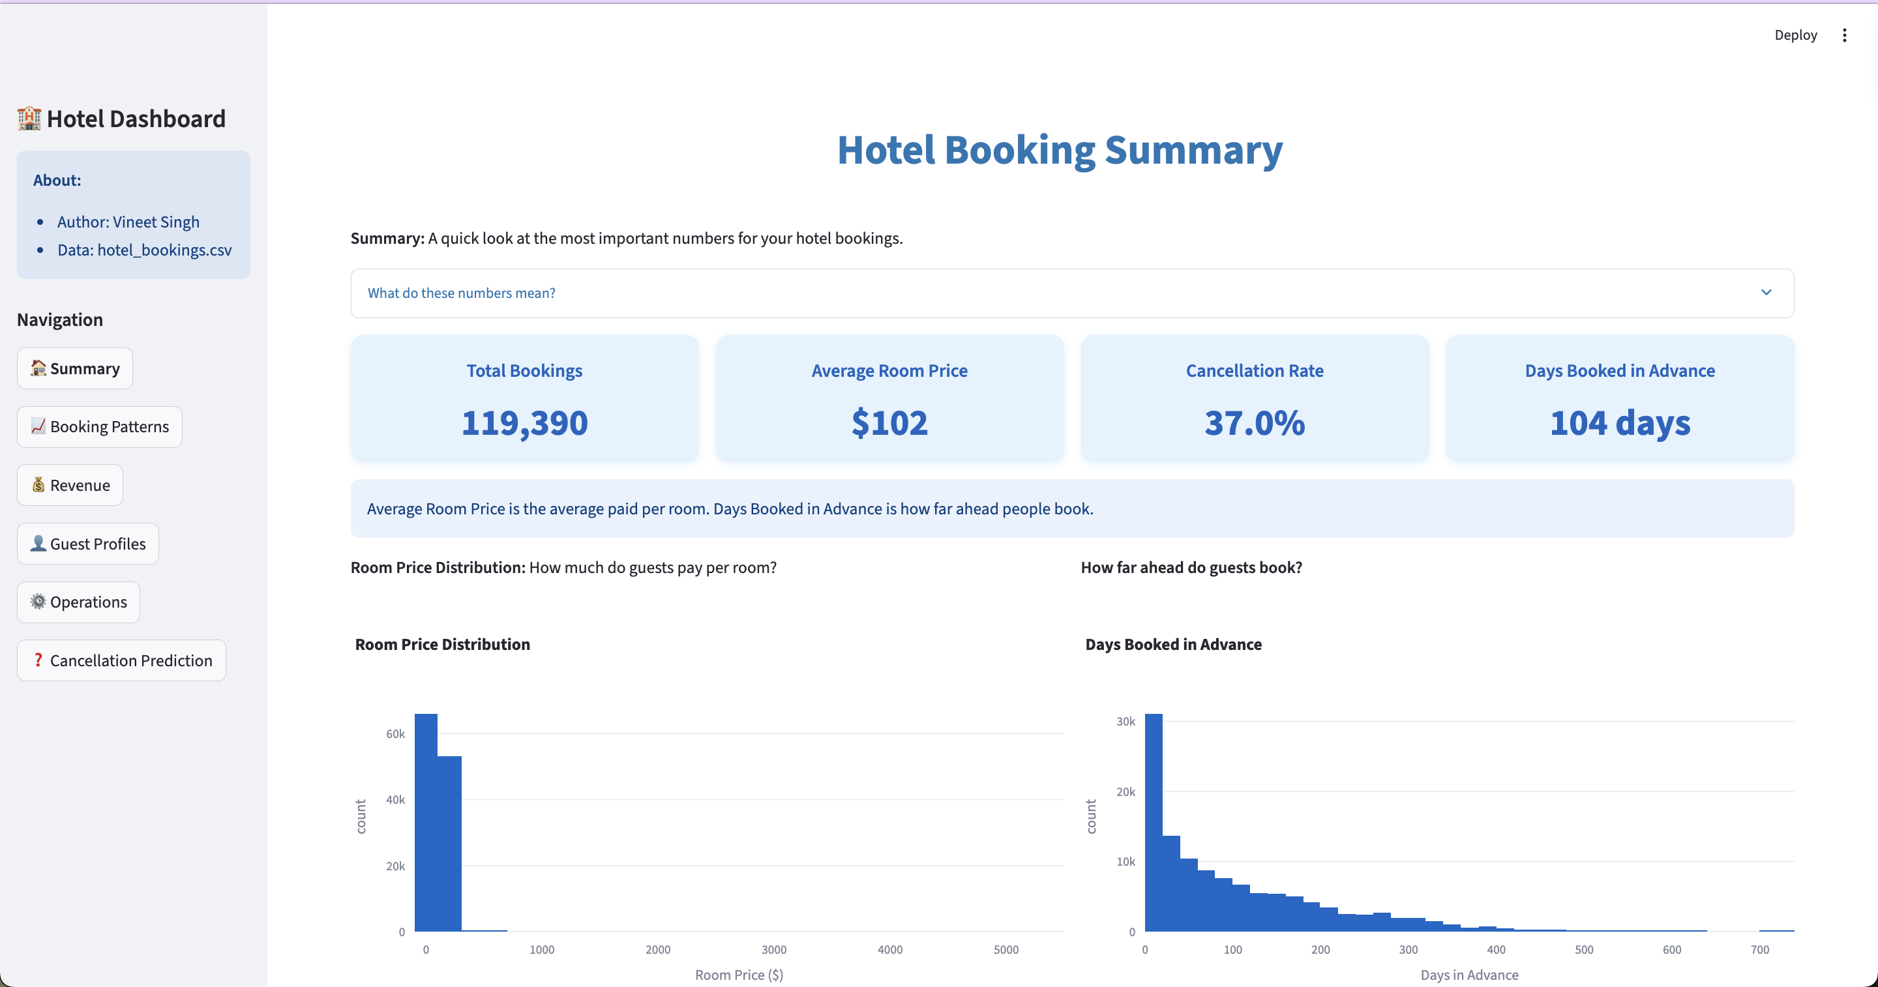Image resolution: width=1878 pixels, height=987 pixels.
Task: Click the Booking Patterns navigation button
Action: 100,426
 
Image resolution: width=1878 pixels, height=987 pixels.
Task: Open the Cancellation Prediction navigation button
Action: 122,660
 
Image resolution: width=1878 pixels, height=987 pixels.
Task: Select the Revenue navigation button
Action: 70,486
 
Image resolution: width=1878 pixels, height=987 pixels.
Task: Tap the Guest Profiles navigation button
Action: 88,544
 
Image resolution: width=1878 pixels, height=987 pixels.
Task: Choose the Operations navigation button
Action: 79,602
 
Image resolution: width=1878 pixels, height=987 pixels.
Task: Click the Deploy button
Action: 1795,35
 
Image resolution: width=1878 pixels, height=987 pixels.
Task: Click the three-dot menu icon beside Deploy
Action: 1845,35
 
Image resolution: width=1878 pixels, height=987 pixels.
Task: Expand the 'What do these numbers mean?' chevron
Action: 1766,292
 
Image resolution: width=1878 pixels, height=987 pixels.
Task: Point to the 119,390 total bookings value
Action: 524,423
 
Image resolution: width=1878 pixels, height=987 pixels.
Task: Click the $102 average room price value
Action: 889,423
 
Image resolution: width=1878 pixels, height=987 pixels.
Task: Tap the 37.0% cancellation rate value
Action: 1254,423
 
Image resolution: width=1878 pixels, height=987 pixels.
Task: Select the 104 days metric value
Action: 1619,423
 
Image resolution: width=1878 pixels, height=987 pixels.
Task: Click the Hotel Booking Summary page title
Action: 1059,150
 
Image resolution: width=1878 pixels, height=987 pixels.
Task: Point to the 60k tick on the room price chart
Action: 395,734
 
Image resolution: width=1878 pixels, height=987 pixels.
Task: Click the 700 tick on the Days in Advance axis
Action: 1759,950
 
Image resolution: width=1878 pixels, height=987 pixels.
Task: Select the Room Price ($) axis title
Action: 739,975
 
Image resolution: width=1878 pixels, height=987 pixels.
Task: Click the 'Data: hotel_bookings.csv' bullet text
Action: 144,250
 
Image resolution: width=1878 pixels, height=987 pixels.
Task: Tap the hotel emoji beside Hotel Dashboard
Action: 29,119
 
